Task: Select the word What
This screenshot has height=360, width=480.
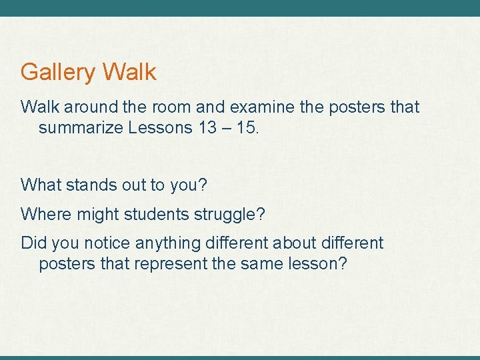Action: [40, 185]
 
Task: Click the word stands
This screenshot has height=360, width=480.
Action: [89, 185]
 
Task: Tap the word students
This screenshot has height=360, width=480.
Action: [161, 214]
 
